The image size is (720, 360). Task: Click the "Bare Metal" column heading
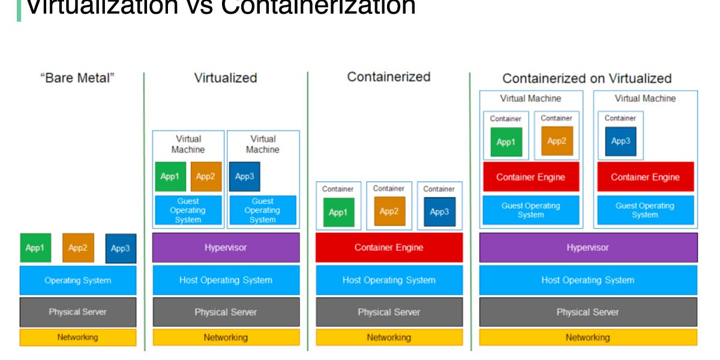pyautogui.click(x=77, y=78)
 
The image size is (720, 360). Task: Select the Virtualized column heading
pyautogui.click(x=226, y=78)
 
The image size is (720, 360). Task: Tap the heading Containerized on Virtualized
pyautogui.click(x=587, y=79)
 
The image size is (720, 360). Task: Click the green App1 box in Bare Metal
pyautogui.click(x=35, y=248)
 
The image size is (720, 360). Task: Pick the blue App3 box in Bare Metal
pyautogui.click(x=121, y=248)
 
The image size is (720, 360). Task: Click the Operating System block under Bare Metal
pyautogui.click(x=78, y=280)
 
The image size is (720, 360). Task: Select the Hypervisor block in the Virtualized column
pyautogui.click(x=226, y=248)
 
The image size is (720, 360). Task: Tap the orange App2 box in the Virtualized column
pyautogui.click(x=206, y=176)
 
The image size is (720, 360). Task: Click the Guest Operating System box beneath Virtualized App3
pyautogui.click(x=262, y=211)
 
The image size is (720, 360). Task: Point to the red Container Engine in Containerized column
pyautogui.click(x=389, y=248)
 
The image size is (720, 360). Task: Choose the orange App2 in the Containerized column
pyautogui.click(x=389, y=211)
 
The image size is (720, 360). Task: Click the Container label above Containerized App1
pyautogui.click(x=338, y=189)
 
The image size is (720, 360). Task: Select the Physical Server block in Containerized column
pyautogui.click(x=389, y=312)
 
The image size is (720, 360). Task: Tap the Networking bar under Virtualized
pyautogui.click(x=226, y=337)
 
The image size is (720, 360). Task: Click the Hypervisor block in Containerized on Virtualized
pyautogui.click(x=588, y=248)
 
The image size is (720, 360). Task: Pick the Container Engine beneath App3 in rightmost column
pyautogui.click(x=645, y=177)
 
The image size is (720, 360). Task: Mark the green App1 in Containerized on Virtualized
pyautogui.click(x=506, y=142)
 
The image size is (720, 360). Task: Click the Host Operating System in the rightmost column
pyautogui.click(x=588, y=280)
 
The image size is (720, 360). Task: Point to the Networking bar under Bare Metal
pyautogui.click(x=78, y=337)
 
